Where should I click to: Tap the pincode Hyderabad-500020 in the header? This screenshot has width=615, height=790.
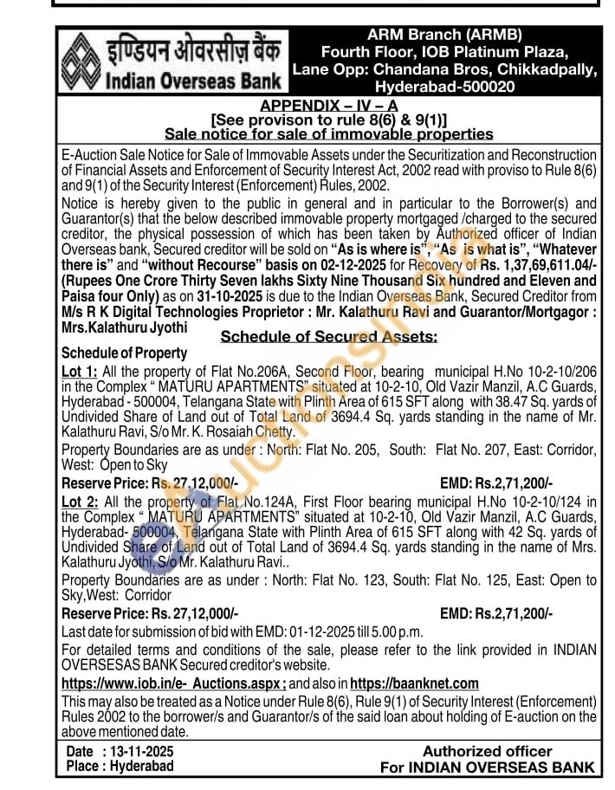(444, 87)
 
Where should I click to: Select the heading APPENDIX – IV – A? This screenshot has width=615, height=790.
(328, 105)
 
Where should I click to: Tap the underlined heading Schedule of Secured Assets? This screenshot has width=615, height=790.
(328, 336)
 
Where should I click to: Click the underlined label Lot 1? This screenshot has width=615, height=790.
(77, 370)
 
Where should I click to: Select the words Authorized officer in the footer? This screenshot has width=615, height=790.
(487, 751)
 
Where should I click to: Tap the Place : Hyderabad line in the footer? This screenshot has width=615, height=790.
(120, 766)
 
